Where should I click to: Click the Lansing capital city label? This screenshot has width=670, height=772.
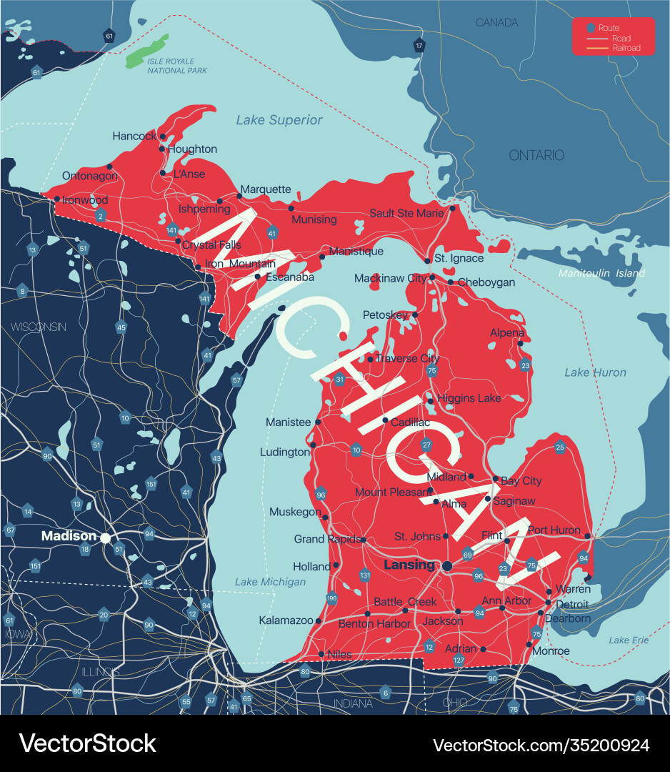coord(409,565)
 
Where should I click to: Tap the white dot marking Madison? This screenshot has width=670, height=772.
coord(106,538)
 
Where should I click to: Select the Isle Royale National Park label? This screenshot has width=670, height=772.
coord(176,66)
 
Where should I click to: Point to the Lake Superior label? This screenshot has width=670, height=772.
coord(279,120)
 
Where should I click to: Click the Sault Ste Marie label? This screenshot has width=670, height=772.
coord(406,213)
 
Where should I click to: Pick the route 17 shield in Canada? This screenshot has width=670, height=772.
coord(419,46)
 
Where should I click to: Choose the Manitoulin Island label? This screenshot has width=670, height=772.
coord(601,273)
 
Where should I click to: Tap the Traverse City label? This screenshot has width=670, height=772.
coord(407,358)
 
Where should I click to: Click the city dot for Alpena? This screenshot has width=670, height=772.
coord(520,344)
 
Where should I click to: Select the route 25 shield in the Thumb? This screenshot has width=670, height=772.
coord(560,447)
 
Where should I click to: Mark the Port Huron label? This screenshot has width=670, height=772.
coord(555,530)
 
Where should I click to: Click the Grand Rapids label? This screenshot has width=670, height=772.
coord(327,539)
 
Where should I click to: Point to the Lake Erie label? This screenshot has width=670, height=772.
coord(629,640)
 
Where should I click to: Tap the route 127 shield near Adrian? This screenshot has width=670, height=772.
coord(459,661)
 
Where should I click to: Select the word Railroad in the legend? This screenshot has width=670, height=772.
coord(626,48)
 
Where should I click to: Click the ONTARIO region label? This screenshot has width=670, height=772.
coord(536,155)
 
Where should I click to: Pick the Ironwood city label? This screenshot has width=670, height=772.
coord(85,200)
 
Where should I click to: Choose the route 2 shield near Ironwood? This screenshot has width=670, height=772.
coord(101,216)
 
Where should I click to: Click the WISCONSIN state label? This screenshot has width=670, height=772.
coord(38,327)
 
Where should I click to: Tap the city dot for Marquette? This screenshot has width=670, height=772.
coord(239,197)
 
